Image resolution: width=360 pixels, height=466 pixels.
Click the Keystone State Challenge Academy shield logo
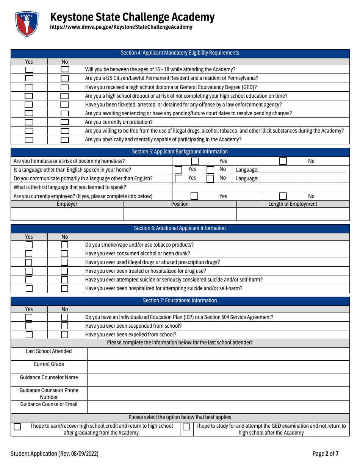click(27, 23)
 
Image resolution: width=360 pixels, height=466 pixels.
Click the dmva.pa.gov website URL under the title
click(121, 27)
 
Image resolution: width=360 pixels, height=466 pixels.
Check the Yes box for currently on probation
click(29, 122)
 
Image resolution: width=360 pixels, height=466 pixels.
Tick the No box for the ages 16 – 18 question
click(65, 69)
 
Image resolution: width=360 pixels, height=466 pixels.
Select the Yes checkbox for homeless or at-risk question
click(194, 161)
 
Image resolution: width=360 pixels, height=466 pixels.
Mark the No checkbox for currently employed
click(283, 196)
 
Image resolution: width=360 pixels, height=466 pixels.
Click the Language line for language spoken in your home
click(302, 170)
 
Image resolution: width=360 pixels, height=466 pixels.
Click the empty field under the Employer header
click(67, 214)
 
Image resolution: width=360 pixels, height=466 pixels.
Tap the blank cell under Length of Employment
click(293, 214)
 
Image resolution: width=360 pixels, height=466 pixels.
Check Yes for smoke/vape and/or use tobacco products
click(29, 245)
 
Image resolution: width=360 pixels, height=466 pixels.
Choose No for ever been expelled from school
click(65, 335)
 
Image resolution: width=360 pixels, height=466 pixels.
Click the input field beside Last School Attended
click(218, 354)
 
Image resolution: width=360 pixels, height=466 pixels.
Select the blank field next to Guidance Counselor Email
click(218, 407)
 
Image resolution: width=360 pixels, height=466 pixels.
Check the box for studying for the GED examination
click(186, 427)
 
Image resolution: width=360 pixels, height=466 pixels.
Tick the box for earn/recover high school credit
click(17, 427)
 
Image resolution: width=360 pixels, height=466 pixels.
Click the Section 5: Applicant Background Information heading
click(180, 152)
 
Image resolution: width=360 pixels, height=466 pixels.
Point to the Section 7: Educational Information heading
click(180, 301)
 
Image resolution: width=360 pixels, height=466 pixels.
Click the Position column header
click(180, 204)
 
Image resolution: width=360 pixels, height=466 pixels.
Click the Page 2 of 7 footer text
click(326, 454)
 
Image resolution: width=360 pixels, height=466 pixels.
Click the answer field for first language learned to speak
click(261, 188)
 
